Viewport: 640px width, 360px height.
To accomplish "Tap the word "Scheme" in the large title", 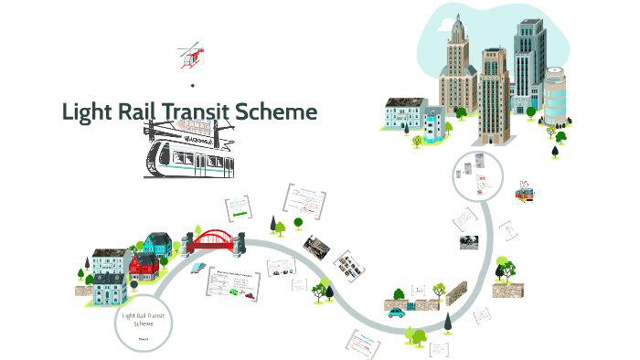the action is pyautogui.click(x=280, y=112).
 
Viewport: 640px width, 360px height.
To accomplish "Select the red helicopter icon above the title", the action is pyautogui.click(x=190, y=56).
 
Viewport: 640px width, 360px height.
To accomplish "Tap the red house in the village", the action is pyautogui.click(x=144, y=268).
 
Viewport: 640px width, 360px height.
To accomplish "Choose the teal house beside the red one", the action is pyautogui.click(x=156, y=245).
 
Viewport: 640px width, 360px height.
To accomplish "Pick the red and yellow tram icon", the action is pyautogui.click(x=524, y=193).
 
